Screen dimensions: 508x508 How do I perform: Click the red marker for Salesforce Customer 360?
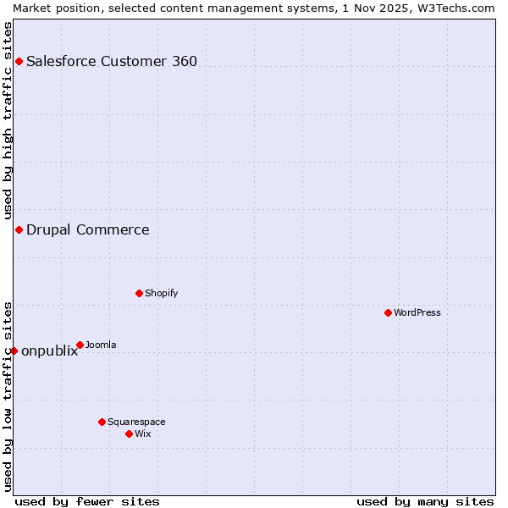point(19,61)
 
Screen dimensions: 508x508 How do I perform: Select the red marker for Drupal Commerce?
point(19,229)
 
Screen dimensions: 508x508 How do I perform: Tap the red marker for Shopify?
point(139,293)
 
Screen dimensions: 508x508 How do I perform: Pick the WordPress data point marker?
point(388,312)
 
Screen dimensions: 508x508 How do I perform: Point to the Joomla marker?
point(80,345)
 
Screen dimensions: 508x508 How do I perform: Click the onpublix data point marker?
point(14,351)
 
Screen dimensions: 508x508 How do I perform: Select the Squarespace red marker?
point(102,422)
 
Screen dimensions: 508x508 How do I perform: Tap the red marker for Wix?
point(129,433)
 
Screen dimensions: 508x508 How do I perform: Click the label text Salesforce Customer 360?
point(112,61)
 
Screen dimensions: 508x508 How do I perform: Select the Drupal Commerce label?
point(88,229)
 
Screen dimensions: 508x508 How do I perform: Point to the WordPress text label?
point(417,312)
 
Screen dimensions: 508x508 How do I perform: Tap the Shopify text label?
point(162,293)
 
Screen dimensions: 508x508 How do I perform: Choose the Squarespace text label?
point(136,422)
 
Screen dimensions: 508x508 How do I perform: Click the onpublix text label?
point(49,351)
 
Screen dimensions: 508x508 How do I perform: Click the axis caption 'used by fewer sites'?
point(87,501)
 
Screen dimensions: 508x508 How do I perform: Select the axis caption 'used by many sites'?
point(425,501)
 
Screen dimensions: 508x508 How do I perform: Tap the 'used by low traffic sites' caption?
point(8,396)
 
